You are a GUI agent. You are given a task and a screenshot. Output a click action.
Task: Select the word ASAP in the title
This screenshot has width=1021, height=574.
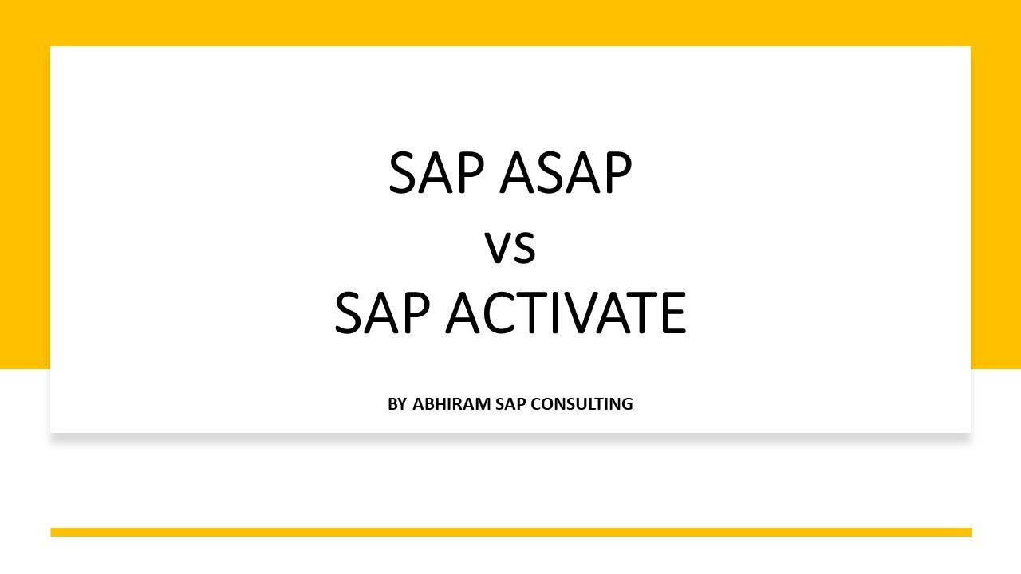[x=566, y=175]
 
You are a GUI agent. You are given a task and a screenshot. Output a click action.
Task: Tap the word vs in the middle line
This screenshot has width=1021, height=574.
[x=510, y=249]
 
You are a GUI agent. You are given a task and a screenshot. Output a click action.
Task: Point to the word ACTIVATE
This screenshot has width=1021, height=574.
[x=566, y=314]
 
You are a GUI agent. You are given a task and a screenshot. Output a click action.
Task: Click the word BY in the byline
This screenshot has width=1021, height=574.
[x=397, y=404]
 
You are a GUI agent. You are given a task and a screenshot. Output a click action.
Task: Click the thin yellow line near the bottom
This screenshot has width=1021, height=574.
[x=510, y=532]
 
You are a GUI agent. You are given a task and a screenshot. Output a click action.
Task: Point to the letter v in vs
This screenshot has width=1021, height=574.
[x=498, y=250]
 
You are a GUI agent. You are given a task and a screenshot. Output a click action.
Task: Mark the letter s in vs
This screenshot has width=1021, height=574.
[x=524, y=250]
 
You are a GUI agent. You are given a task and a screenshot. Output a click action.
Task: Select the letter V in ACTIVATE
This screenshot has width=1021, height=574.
[x=582, y=314]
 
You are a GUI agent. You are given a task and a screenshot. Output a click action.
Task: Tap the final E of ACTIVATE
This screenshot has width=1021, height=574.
[x=672, y=314]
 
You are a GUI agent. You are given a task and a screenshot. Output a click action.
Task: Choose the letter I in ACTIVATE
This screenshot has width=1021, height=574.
[x=558, y=314]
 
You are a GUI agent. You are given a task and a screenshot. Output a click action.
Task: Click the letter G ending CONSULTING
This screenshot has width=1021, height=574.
[x=626, y=404]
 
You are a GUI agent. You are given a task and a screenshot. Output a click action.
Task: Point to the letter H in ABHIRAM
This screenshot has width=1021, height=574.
[x=435, y=404]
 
